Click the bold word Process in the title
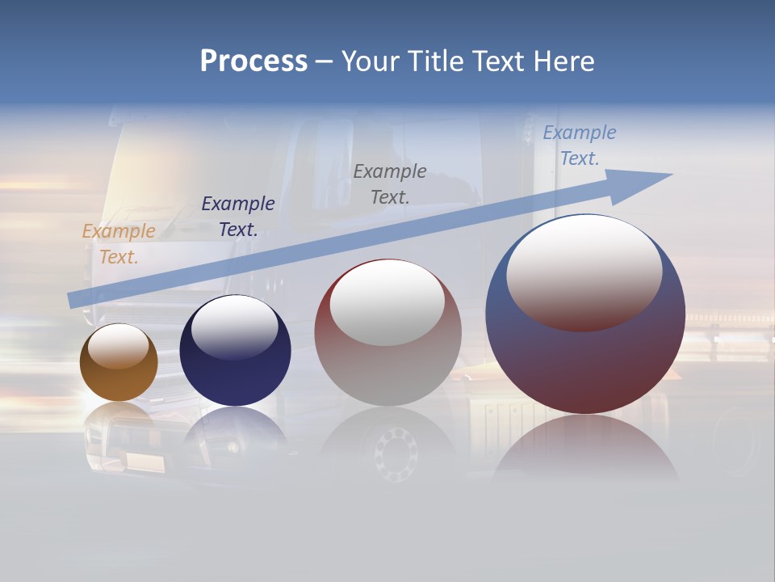(x=253, y=61)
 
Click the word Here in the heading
(x=563, y=61)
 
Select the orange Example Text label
(x=119, y=244)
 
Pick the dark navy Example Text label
(x=238, y=217)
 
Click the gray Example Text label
(x=390, y=184)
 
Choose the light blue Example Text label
(x=580, y=145)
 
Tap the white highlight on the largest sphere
(x=584, y=271)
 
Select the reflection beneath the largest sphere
(x=585, y=449)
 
